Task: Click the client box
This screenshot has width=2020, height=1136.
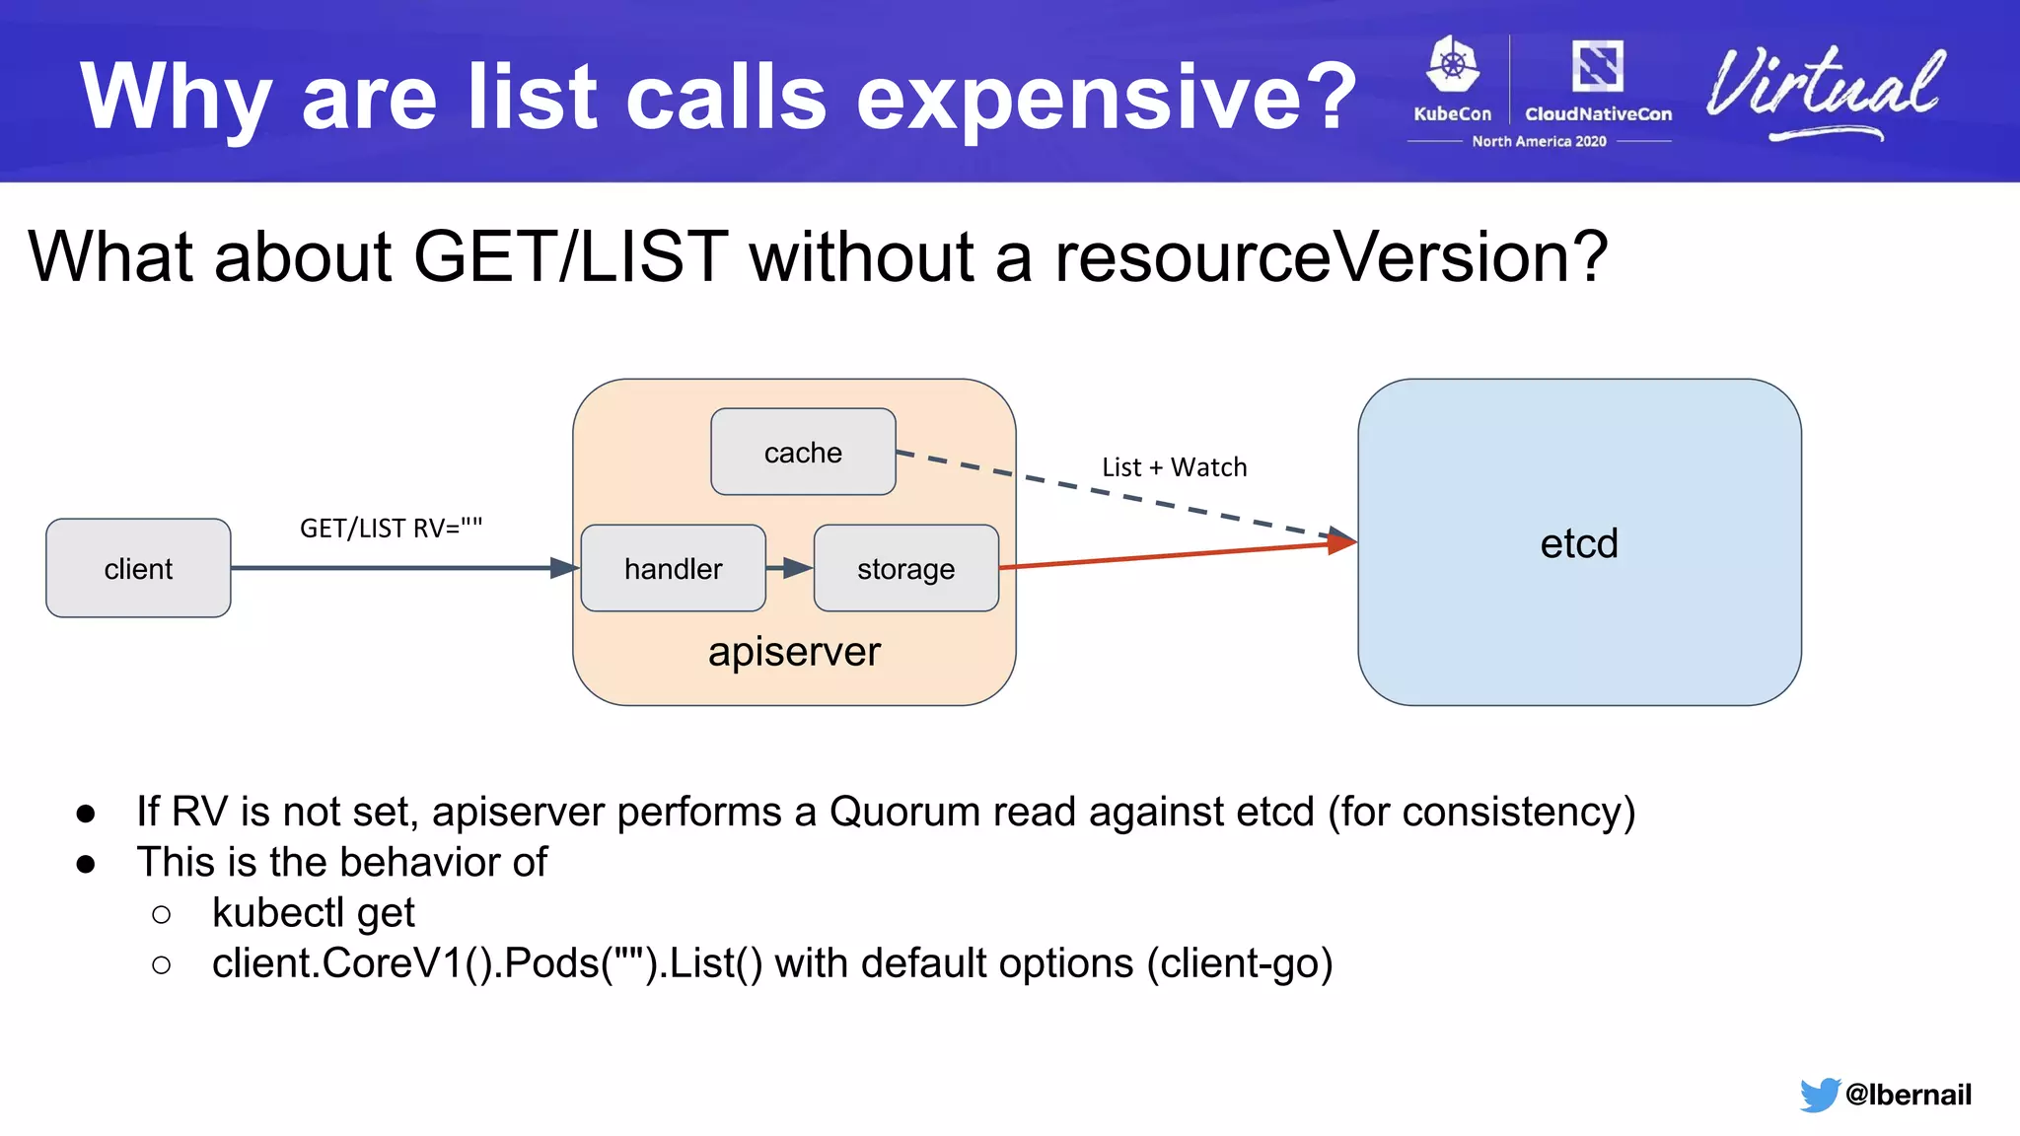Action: (138, 568)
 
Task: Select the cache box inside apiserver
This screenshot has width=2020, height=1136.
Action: (803, 452)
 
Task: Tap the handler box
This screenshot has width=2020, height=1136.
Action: (673, 568)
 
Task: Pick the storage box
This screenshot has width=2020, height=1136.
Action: (905, 568)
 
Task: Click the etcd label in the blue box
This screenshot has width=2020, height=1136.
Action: (1579, 543)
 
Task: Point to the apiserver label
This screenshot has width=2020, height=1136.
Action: (794, 652)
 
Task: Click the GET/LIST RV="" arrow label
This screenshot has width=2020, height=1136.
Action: (391, 529)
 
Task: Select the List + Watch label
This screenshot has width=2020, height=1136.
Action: (1174, 467)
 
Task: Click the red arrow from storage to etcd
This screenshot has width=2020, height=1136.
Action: (1174, 555)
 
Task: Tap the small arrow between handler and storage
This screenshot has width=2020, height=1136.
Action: (789, 568)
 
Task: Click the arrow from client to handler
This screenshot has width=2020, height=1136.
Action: (395, 568)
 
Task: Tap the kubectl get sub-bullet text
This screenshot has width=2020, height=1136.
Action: (313, 913)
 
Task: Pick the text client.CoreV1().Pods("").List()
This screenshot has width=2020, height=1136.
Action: (487, 963)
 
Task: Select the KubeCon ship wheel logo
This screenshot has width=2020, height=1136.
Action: (1453, 67)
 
